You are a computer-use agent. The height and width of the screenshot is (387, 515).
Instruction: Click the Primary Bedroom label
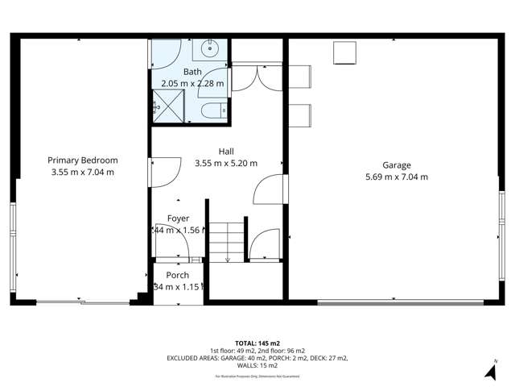point(82,160)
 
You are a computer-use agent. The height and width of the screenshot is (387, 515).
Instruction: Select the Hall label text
point(226,151)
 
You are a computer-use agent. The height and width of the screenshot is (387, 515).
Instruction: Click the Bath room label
point(193,72)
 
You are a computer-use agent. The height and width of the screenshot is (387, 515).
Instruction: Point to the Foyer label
point(178,218)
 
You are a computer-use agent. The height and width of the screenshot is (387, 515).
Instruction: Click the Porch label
point(177,275)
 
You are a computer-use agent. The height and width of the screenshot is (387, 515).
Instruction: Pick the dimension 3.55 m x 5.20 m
point(226,163)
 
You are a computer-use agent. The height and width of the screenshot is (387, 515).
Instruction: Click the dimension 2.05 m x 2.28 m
point(193,83)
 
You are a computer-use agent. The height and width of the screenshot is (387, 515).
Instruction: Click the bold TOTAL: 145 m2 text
point(257,342)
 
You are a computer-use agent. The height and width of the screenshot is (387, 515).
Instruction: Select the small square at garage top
point(347,52)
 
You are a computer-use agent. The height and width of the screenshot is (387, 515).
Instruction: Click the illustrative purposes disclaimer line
point(257,377)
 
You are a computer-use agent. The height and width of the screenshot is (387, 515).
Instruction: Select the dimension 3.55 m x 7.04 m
point(82,172)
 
